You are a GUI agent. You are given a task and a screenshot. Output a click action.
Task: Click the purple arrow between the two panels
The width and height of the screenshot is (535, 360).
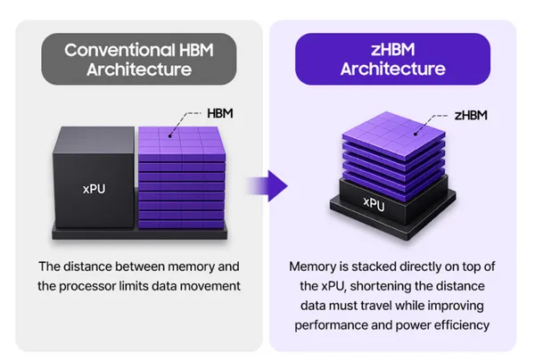(x=267, y=186)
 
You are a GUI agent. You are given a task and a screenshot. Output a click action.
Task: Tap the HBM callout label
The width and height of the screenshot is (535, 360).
(x=220, y=113)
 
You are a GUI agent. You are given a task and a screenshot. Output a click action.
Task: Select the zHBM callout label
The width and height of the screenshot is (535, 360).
(x=471, y=116)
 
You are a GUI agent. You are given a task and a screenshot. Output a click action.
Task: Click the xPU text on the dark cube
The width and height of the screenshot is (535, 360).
(x=95, y=189)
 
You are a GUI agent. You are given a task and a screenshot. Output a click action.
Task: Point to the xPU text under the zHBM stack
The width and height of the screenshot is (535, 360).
(x=374, y=203)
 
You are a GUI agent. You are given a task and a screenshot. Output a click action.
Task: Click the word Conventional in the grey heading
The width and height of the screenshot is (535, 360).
(x=119, y=50)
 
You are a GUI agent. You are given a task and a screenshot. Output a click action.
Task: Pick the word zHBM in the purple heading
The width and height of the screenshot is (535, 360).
(x=393, y=50)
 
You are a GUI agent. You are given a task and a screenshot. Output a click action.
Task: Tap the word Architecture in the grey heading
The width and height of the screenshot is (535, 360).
(x=139, y=70)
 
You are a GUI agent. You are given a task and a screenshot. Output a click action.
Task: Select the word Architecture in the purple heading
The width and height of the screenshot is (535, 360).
(x=393, y=69)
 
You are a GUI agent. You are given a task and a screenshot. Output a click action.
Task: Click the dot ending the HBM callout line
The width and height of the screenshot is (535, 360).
(x=170, y=136)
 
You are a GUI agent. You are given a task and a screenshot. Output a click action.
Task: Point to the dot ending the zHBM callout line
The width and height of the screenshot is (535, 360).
(x=416, y=134)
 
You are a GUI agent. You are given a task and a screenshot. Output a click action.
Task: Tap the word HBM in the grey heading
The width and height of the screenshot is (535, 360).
(x=196, y=50)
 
